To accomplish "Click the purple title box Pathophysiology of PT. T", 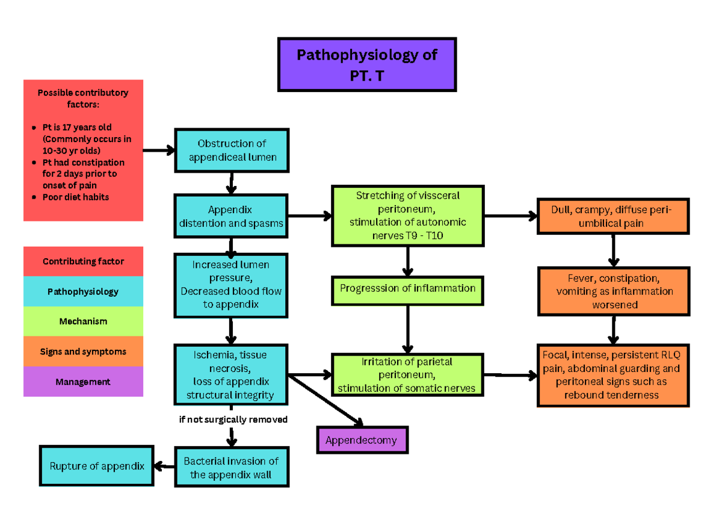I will pos(366,64).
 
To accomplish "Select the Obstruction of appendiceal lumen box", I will pos(232,150).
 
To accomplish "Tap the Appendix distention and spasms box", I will pos(231,217).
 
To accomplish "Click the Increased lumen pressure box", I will pos(231,285).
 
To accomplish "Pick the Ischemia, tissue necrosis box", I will pos(231,374).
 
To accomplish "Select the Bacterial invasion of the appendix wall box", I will pos(231,468).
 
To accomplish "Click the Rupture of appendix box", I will pos(97,466).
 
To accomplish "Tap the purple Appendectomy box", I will pos(362,440).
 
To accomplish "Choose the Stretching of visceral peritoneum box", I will pos(407,216).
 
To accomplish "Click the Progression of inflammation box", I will pos(407,290).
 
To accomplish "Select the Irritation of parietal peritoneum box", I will pos(407,375).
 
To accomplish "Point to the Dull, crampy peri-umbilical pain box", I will pos(612,216).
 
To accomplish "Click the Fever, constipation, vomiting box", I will pos(612,292).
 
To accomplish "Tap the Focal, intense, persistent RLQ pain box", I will pos(612,375).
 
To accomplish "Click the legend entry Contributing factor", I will pos(83,261).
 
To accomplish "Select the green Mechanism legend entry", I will pos(83,321).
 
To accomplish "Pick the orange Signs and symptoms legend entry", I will pos(83,352).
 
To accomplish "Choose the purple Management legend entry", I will pos(83,382).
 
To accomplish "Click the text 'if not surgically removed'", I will pos(233,419).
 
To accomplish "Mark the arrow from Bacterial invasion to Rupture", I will pos(164,466).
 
